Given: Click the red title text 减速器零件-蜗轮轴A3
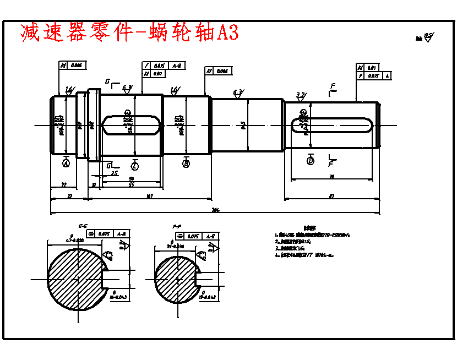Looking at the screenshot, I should (129, 32).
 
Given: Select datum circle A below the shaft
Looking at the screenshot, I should (66, 163).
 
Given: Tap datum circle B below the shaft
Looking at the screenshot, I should (186, 163).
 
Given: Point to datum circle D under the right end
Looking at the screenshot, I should (311, 161).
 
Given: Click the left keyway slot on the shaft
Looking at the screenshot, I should (132, 124).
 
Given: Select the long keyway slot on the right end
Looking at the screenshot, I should (331, 125).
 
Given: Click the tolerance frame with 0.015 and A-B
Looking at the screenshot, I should (164, 66).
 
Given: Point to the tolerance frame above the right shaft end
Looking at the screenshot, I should (374, 72).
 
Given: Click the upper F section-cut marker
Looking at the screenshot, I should (332, 89).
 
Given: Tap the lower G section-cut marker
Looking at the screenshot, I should (110, 165).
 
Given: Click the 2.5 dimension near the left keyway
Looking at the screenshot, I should (114, 173).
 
